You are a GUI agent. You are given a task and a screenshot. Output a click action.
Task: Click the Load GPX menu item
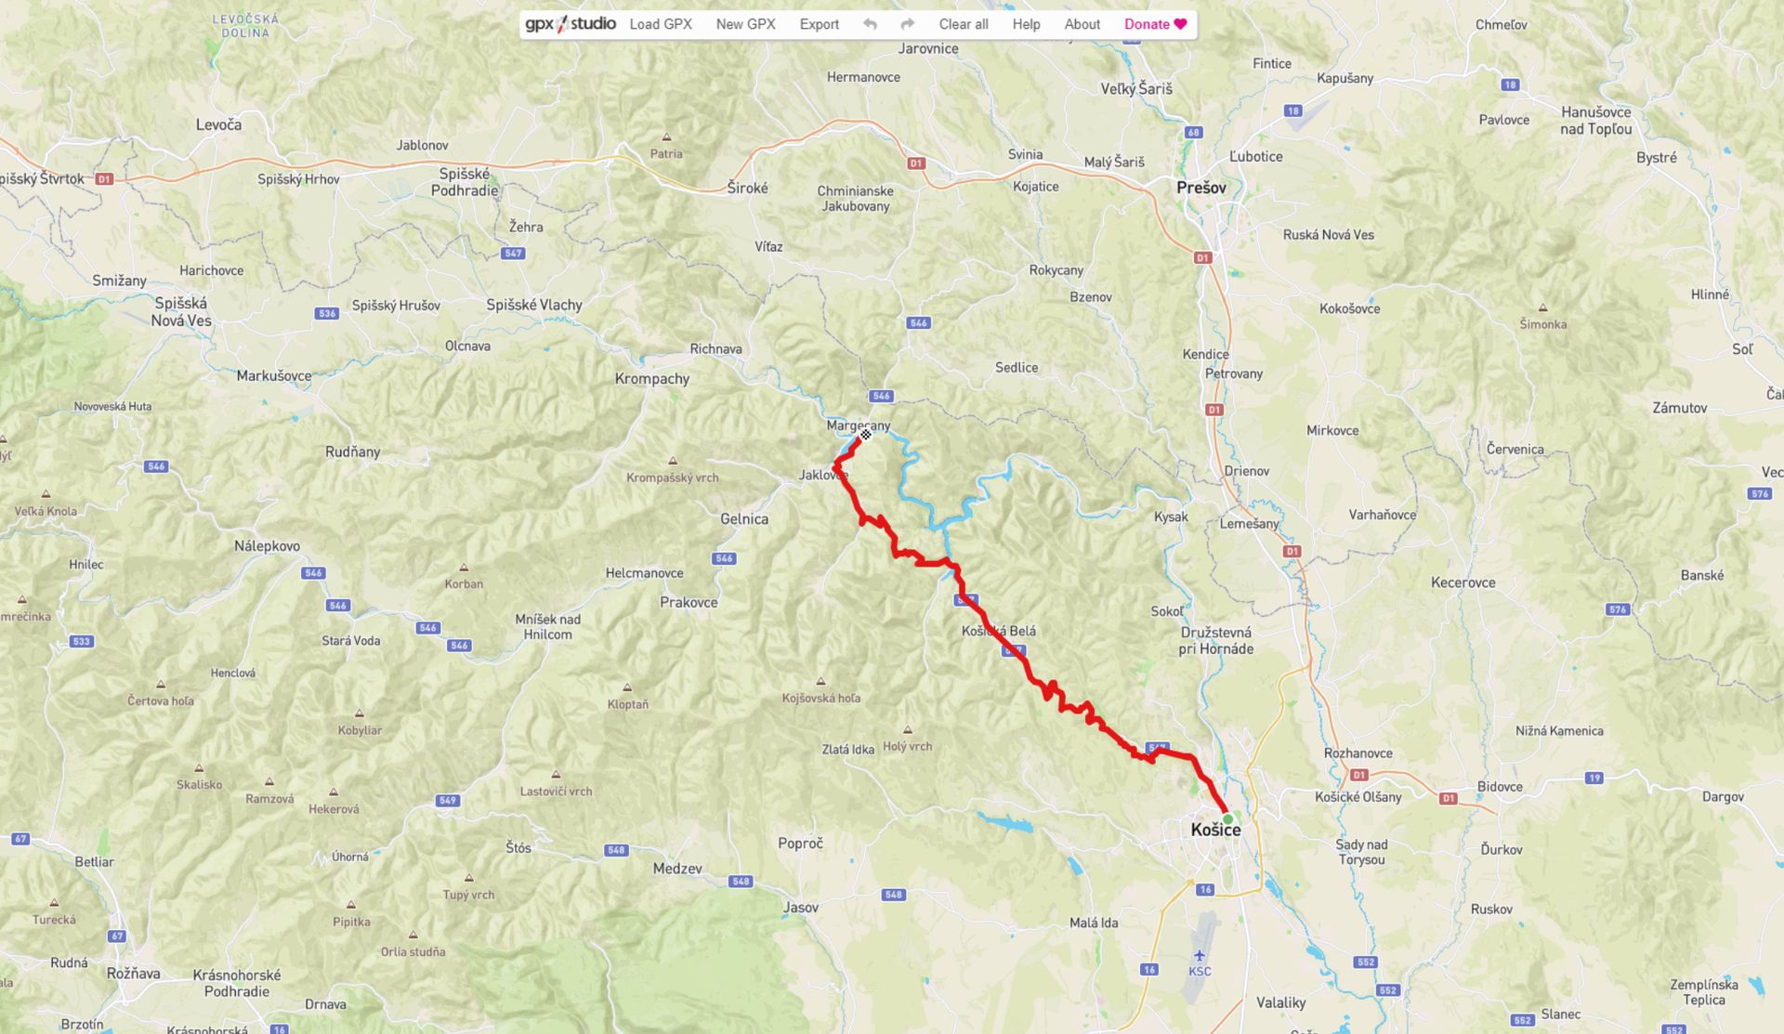click(661, 24)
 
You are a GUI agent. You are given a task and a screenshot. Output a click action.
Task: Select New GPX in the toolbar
click(745, 24)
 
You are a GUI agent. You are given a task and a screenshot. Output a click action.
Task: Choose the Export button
click(819, 24)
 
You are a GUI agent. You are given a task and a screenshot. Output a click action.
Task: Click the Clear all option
click(963, 24)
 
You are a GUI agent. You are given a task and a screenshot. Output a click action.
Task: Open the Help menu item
click(1026, 24)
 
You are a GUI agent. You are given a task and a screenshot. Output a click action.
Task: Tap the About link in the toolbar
click(1082, 24)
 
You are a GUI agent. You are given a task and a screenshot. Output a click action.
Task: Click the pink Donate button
click(1155, 24)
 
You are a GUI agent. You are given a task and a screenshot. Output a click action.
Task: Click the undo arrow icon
click(870, 24)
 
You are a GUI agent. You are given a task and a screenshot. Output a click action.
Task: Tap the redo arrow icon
click(908, 24)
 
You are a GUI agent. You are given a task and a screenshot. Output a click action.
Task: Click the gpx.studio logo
click(570, 24)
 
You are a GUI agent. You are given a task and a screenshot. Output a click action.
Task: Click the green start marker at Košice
click(1227, 818)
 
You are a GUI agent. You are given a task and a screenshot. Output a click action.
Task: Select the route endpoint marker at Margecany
click(865, 434)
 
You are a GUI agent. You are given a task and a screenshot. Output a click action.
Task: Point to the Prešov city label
click(1200, 188)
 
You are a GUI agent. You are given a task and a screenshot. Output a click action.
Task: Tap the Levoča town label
click(218, 124)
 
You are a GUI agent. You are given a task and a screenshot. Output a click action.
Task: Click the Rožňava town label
click(133, 974)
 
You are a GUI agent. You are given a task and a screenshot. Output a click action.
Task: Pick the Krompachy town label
click(651, 379)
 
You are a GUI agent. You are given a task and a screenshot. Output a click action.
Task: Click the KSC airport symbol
click(1200, 956)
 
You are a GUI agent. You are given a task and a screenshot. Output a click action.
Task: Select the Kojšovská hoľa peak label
click(820, 698)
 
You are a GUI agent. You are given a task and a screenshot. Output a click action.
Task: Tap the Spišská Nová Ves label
click(181, 312)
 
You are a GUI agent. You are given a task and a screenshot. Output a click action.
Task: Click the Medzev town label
click(677, 869)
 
